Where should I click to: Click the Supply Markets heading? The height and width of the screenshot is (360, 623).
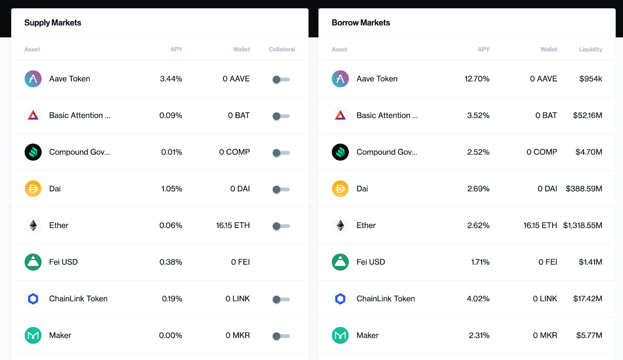53,23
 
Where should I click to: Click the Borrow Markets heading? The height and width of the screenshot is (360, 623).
361,23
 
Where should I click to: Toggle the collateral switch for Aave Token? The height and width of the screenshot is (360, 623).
281,79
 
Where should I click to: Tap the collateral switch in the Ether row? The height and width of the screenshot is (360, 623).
281,226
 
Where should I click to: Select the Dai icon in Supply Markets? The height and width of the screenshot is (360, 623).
33,189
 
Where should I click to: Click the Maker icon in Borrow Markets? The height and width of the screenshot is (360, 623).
340,335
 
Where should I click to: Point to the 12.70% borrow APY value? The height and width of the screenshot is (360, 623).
477,79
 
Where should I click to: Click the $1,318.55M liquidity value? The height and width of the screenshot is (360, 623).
583,225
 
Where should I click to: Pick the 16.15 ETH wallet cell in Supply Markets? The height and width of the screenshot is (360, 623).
233,225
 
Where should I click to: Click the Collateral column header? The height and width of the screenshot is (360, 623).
282,49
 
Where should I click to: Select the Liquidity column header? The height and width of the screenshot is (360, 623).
590,49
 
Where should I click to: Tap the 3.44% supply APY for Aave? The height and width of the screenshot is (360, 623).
171,79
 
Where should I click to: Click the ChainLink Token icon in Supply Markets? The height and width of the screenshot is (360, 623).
33,299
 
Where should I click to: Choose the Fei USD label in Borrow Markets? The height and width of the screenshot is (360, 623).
370,262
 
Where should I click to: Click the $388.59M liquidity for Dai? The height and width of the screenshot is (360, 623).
584,189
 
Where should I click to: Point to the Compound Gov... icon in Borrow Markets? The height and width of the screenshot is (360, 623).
340,152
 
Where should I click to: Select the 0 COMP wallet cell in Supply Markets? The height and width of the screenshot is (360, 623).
234,152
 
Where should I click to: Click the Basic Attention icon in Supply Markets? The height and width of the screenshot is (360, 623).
33,116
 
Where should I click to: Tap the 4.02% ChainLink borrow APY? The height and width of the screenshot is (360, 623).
478,299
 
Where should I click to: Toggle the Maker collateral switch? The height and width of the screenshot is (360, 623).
281,336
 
